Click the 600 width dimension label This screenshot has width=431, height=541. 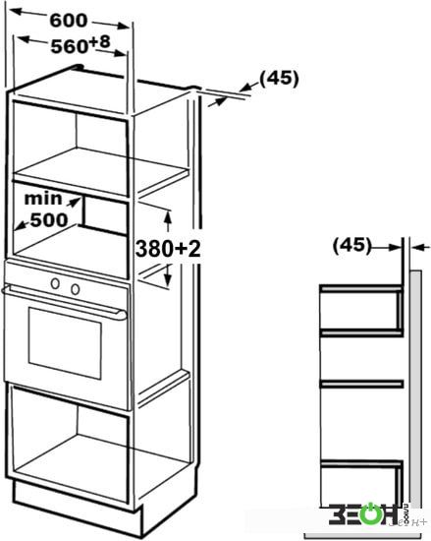pos(69,21)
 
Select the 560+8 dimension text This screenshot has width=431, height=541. pos(81,44)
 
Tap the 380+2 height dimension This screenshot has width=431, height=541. pos(168,249)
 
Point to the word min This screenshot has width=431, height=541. pos(43,199)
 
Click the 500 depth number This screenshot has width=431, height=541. pos(49,219)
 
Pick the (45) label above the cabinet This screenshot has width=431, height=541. pos(279,79)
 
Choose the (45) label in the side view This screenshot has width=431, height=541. pos(352,245)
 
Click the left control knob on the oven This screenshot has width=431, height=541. pos(55,283)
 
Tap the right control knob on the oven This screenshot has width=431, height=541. pos(76,289)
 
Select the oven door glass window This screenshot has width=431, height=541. pos(65,343)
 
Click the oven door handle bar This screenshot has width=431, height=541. pos(64,302)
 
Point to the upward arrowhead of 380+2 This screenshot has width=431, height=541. pos(168,217)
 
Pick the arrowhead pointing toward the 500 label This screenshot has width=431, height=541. pos(21,226)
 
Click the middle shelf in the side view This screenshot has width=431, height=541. pos(361,384)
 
